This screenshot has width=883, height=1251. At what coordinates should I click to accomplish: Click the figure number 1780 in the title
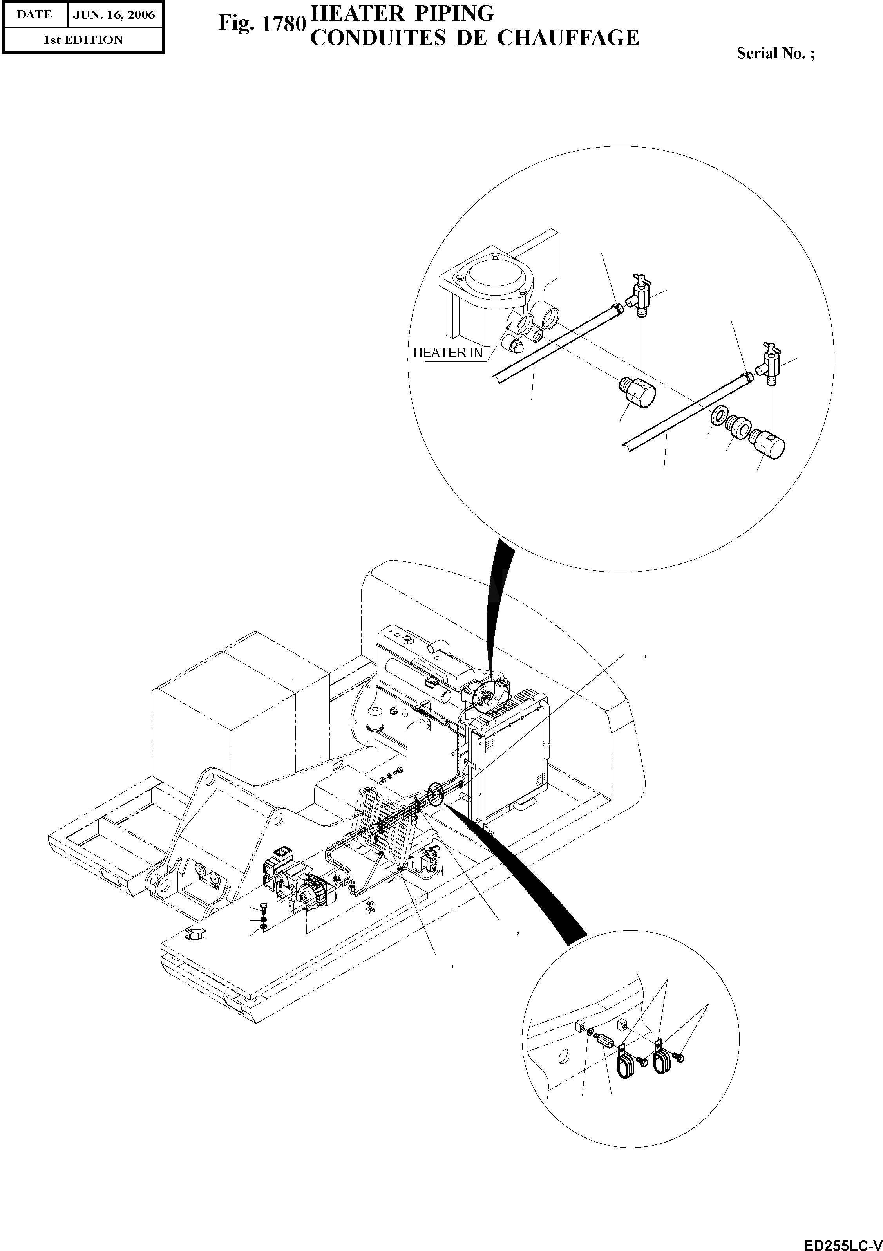[283, 24]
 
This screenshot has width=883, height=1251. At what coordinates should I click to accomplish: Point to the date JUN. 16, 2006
[114, 15]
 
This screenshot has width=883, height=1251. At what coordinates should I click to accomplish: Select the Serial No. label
[775, 53]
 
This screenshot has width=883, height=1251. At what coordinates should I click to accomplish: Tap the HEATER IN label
[447, 353]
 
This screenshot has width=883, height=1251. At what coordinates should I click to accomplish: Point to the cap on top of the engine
[407, 638]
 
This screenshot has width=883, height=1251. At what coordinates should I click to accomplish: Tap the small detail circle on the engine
[489, 696]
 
